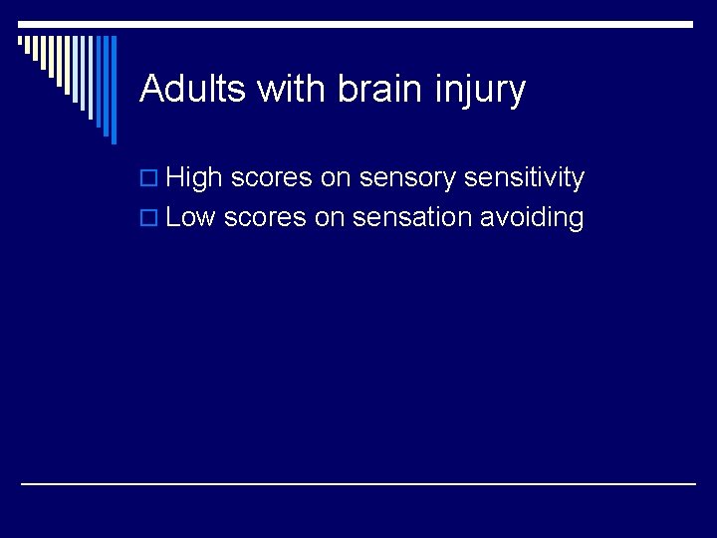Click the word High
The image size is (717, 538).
[x=194, y=179]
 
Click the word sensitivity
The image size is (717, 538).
[x=525, y=179]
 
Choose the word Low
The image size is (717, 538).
[x=191, y=217]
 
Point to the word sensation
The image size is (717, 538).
[x=412, y=217]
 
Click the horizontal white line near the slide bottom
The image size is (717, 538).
[x=358, y=483]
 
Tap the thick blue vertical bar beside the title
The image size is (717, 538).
[x=113, y=90]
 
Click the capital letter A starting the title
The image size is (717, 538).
[x=150, y=90]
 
